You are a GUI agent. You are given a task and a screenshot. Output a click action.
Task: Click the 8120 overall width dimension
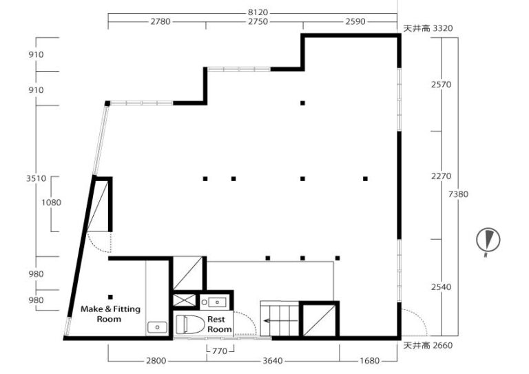tap(258, 12)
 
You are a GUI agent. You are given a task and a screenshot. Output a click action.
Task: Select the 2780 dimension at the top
tap(160, 21)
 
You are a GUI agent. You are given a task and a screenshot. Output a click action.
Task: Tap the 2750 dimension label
tap(258, 21)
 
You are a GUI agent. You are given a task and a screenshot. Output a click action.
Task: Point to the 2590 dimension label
tap(355, 21)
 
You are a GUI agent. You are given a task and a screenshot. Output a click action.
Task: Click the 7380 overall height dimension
tap(458, 194)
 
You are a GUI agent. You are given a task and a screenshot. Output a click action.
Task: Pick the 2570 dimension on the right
tap(441, 84)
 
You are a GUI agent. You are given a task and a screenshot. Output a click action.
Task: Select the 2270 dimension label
tap(441, 176)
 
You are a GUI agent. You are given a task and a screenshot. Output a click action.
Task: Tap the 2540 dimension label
tap(441, 287)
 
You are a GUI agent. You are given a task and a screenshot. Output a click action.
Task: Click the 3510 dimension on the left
tap(36, 178)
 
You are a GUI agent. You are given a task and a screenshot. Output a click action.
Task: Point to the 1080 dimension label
tap(51, 202)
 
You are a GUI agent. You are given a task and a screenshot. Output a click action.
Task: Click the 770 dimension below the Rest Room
tap(220, 351)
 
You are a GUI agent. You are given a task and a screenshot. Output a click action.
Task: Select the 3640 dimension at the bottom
tap(273, 361)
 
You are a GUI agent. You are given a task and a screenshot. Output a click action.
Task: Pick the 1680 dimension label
tap(369, 361)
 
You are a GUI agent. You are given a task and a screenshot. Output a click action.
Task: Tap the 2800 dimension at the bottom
tap(156, 361)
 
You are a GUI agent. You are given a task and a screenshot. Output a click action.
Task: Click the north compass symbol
tap(488, 241)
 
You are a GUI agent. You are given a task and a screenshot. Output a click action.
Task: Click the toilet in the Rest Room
tap(191, 324)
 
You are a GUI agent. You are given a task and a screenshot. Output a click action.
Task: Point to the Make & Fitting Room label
tap(110, 314)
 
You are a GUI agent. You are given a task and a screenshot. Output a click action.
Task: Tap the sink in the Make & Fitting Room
tap(157, 327)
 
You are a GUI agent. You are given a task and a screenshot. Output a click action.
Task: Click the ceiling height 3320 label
tap(428, 28)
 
